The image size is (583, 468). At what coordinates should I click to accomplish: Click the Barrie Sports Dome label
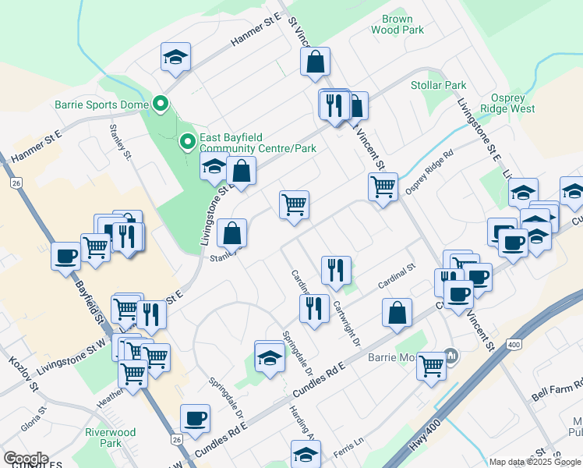tap(103, 103)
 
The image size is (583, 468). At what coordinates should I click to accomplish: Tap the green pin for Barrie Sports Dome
tap(161, 103)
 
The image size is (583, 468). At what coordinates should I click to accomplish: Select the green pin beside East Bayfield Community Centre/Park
tap(187, 142)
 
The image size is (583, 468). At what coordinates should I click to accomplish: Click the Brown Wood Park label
tap(403, 24)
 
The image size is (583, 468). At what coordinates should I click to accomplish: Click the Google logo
tap(26, 459)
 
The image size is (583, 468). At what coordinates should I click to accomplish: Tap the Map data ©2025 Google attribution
tap(535, 462)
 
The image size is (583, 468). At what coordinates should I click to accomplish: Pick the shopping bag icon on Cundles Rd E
tap(397, 313)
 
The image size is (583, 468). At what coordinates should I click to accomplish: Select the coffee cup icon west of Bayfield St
tap(65, 255)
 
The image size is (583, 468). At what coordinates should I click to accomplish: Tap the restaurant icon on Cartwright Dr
tap(336, 270)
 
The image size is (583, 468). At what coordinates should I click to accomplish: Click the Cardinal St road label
tap(397, 277)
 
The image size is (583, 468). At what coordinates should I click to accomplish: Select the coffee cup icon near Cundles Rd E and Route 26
tap(195, 418)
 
